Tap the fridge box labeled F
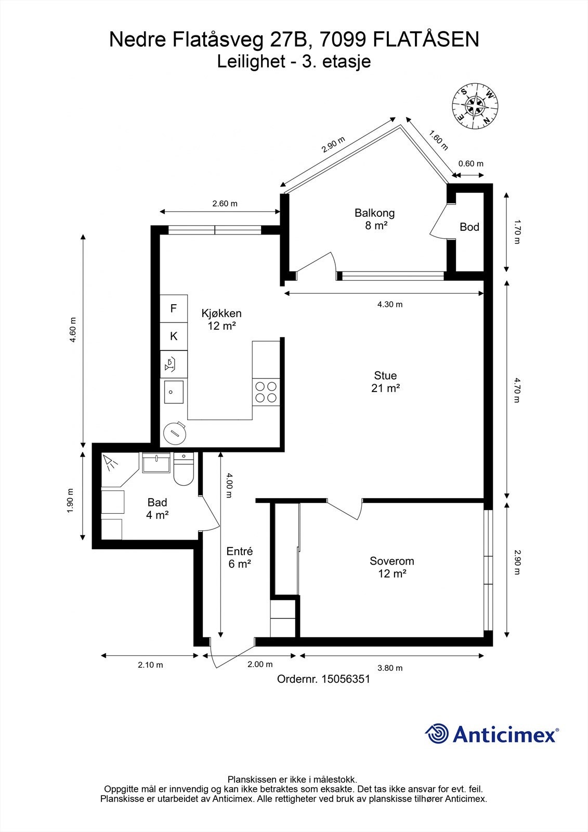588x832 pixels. tap(174, 308)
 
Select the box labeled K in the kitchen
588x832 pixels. tap(174, 336)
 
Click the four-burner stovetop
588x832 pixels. tap(266, 392)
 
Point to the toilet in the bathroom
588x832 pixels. tap(183, 471)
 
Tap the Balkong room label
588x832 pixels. tap(374, 218)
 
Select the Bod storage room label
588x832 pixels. tap(469, 227)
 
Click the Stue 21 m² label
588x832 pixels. tap(385, 381)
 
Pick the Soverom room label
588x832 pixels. tap(392, 567)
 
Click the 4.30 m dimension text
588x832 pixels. tap(389, 304)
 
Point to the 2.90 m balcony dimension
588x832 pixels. tap(333, 144)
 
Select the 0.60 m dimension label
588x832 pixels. tap(470, 163)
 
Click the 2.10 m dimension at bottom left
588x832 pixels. tap(150, 665)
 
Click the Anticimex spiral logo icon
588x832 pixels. tap(437, 734)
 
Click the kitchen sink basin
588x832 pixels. tap(174, 392)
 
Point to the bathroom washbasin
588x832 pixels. tap(156, 463)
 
